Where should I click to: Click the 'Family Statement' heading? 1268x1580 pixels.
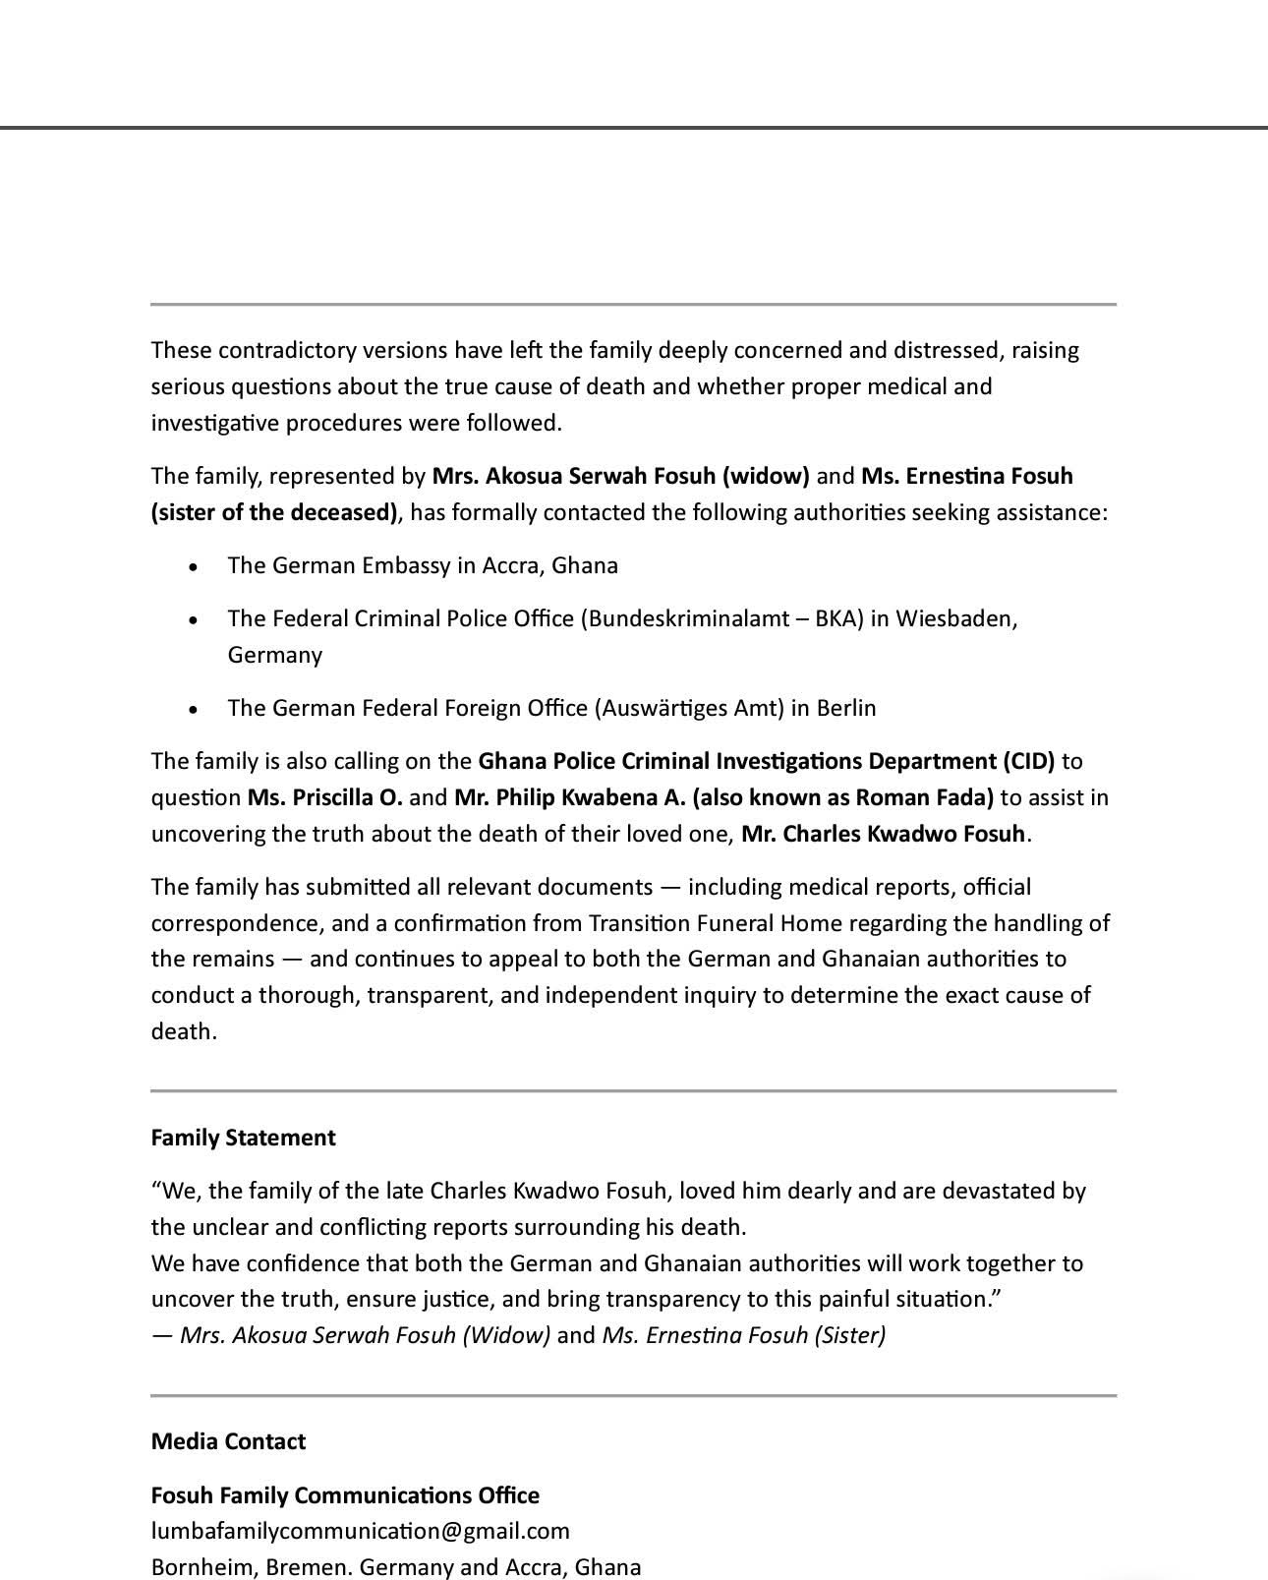coord(243,1138)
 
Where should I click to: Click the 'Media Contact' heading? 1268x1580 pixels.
coord(228,1441)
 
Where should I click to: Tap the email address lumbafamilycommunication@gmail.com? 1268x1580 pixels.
coord(360,1531)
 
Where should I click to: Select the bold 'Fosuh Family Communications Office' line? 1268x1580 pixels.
coord(345,1495)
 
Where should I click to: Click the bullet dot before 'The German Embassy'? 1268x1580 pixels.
coord(195,567)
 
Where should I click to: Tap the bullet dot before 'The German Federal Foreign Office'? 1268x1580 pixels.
coord(195,710)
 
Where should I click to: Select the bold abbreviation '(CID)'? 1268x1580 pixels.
coord(1028,761)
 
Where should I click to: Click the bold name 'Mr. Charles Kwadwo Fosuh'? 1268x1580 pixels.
coord(883,834)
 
